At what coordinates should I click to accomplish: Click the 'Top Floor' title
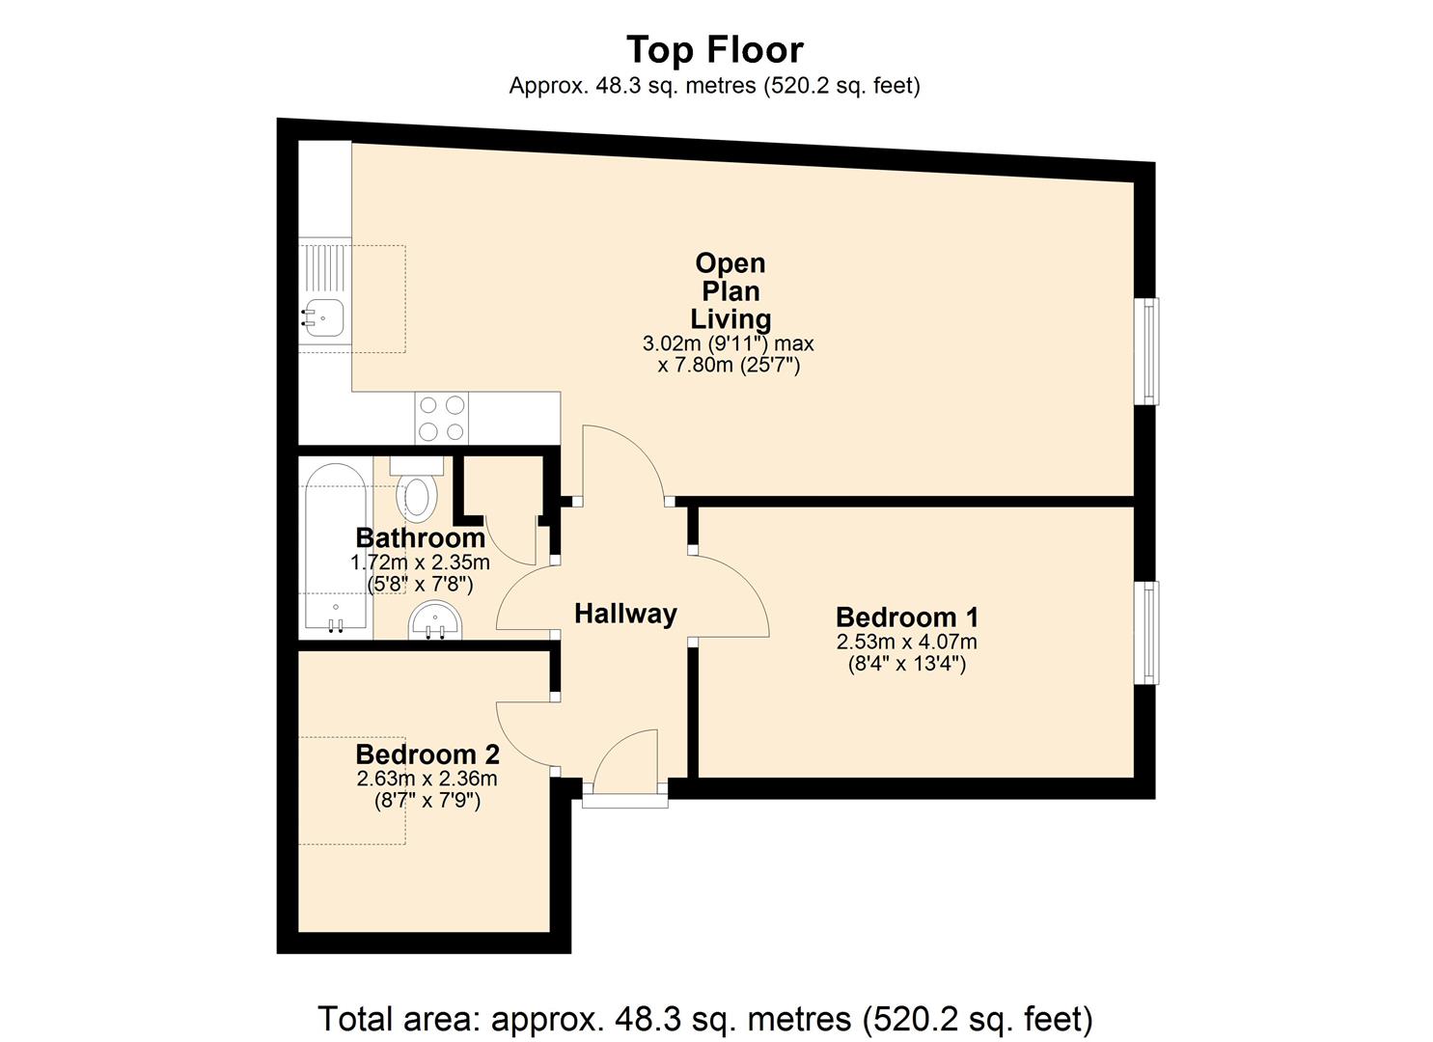715,50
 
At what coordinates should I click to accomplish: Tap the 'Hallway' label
625,614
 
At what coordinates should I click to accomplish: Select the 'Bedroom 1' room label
906,617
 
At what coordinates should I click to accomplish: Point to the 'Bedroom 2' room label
427,754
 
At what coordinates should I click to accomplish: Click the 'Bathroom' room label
421,538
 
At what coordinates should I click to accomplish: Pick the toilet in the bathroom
417,489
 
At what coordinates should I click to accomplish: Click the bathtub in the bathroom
336,546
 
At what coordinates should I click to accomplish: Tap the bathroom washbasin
435,619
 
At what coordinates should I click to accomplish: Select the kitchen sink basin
324,318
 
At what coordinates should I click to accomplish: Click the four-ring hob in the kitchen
441,418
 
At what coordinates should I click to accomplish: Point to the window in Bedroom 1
1149,632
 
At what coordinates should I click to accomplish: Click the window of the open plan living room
1149,351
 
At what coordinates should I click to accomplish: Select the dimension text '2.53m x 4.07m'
906,642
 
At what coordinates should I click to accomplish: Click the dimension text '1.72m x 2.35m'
420,562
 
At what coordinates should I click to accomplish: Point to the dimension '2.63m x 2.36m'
427,779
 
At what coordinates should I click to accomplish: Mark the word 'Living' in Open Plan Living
730,319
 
